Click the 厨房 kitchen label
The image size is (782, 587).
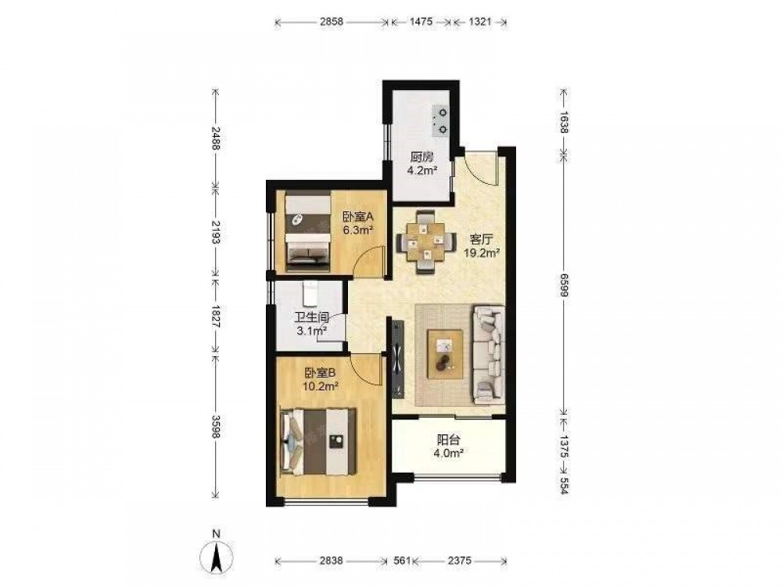(421, 157)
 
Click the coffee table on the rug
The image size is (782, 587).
(445, 355)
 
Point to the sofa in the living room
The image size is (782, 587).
(488, 355)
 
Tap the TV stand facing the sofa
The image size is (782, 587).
(398, 358)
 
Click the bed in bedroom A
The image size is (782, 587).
(307, 229)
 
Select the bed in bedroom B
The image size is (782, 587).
(319, 441)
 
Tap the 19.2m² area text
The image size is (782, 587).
(482, 253)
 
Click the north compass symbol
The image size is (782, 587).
(217, 554)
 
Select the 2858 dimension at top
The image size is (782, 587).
(332, 22)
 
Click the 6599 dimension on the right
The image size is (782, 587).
(564, 285)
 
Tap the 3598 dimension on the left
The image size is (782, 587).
(216, 427)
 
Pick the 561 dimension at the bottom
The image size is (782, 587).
(401, 560)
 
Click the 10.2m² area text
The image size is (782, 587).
(321, 386)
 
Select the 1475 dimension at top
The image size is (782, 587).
(421, 22)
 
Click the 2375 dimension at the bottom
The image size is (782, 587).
(459, 560)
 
